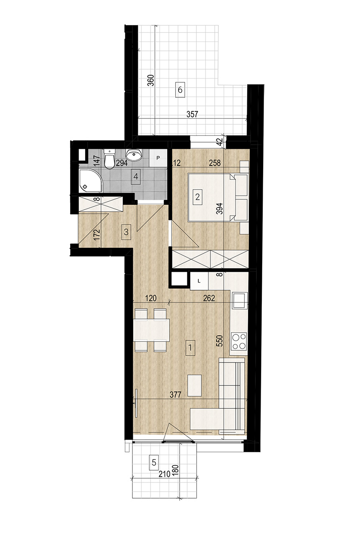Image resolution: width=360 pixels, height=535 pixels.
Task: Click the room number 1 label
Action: coord(190,348)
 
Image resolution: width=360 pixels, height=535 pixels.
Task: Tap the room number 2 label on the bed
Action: coord(198,197)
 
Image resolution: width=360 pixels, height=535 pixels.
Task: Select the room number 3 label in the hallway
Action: coord(126,232)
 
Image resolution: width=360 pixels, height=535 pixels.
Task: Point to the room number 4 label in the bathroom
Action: coord(136,176)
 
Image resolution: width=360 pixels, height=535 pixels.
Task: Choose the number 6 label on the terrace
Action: coord(180,90)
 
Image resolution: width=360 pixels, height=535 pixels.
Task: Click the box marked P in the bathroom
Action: coord(158,158)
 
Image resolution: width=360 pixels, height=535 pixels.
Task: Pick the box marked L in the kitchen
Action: coord(199,281)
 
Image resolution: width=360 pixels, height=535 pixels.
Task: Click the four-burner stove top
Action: coord(239,341)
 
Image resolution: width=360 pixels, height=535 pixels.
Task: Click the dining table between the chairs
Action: coord(151,330)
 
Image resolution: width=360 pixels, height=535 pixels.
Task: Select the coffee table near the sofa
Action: coord(195,386)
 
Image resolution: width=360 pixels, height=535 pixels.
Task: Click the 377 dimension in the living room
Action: coord(176,395)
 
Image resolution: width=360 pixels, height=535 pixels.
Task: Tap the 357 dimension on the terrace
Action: coord(193,114)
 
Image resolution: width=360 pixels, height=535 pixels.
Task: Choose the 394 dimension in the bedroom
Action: coord(219,208)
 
